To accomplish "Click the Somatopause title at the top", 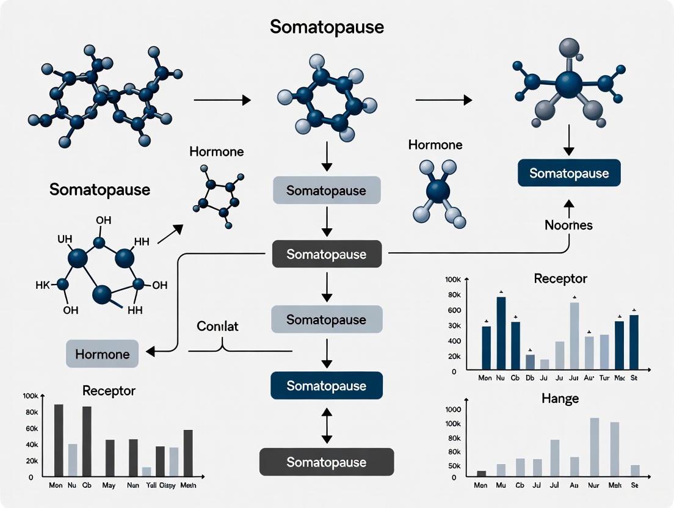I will pos(327,27).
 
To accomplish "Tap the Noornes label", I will pos(568,225).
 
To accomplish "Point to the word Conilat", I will pos(217,326).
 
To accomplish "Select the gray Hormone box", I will pos(102,354).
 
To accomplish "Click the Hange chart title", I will pos(560,399).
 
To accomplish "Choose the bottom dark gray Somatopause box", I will pos(327,462).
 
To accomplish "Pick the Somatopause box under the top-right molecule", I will pos(568,173).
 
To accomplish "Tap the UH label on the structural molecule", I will pos(65,240).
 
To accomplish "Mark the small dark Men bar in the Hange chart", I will pos(481,473).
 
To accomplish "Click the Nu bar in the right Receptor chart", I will pos(501,333).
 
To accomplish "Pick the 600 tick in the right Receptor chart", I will pos(454,310).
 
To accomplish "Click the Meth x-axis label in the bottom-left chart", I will pos(187,485).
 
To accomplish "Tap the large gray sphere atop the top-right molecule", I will pos(569,49).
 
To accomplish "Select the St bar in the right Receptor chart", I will pos(634,342).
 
